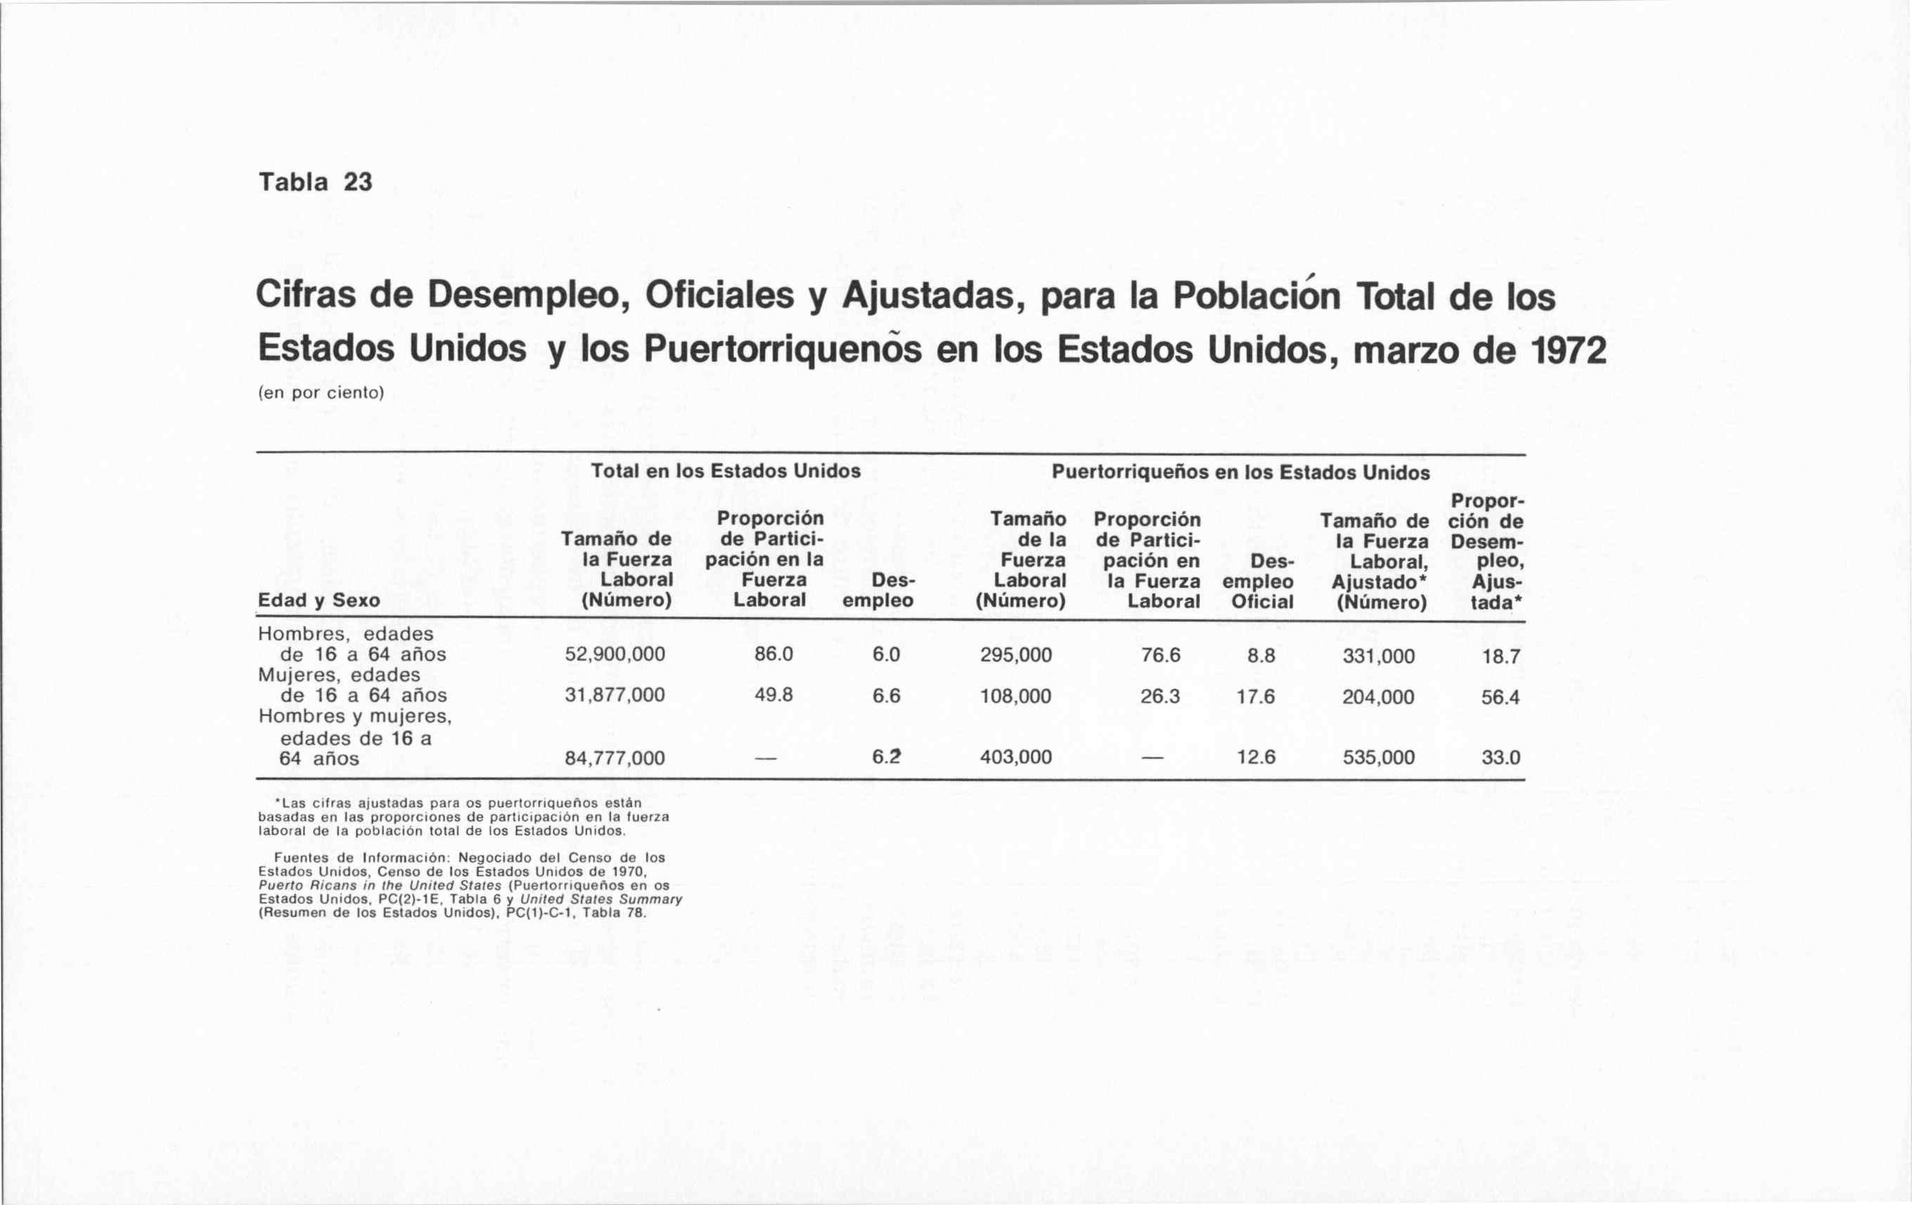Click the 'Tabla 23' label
click(315, 183)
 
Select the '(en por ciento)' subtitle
click(321, 393)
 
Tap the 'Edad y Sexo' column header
click(319, 600)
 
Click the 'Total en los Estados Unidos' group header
click(726, 471)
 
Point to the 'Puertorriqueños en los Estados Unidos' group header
click(1240, 472)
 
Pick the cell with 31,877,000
click(615, 695)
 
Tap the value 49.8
click(774, 695)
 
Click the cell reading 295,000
click(1015, 655)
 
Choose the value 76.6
click(1160, 655)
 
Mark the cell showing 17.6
click(1255, 697)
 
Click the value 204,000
click(1378, 697)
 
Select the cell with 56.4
click(1500, 697)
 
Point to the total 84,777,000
click(615, 758)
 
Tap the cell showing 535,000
click(1378, 757)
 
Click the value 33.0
click(1500, 757)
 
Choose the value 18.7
click(1500, 657)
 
